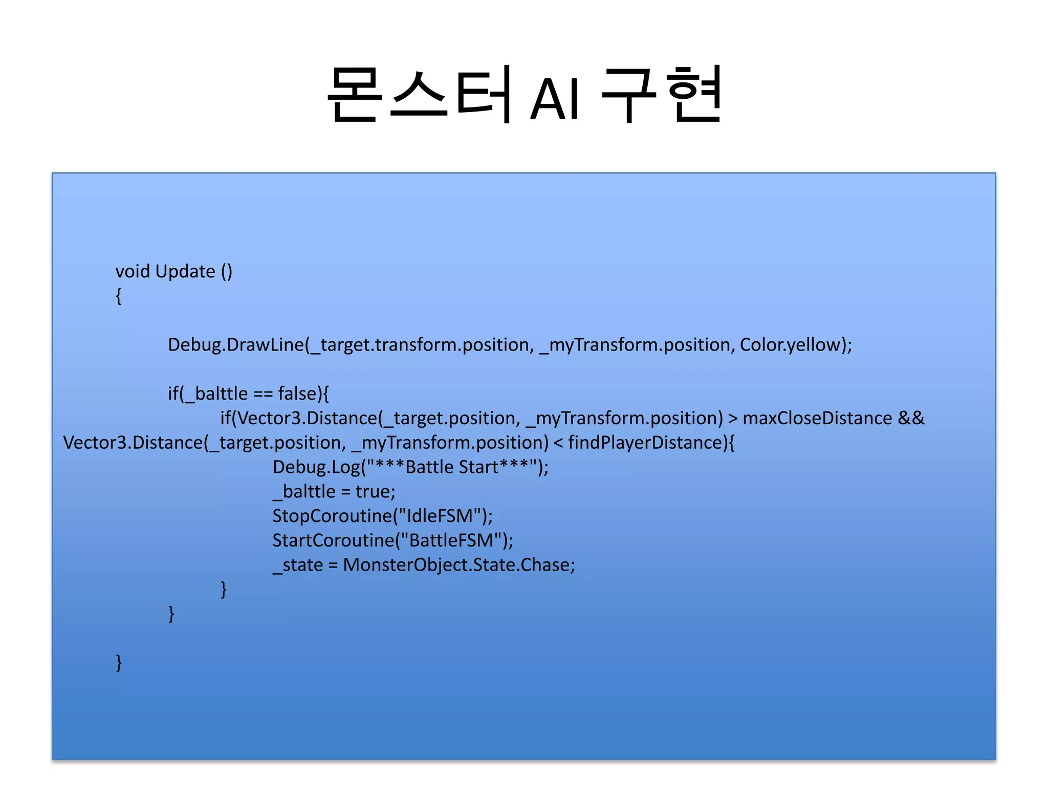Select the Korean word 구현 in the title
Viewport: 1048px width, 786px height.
coord(661,95)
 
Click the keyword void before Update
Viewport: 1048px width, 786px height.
coord(133,271)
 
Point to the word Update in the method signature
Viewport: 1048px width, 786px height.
coord(185,272)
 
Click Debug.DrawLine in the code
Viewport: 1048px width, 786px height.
coord(236,345)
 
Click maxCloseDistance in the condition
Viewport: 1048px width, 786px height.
coord(817,418)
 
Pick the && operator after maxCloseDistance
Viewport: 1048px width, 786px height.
coord(911,418)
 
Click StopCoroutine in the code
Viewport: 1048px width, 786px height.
coord(332,516)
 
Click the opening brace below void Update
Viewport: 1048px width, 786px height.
coord(119,296)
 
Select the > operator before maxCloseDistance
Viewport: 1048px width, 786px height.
coord(733,419)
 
